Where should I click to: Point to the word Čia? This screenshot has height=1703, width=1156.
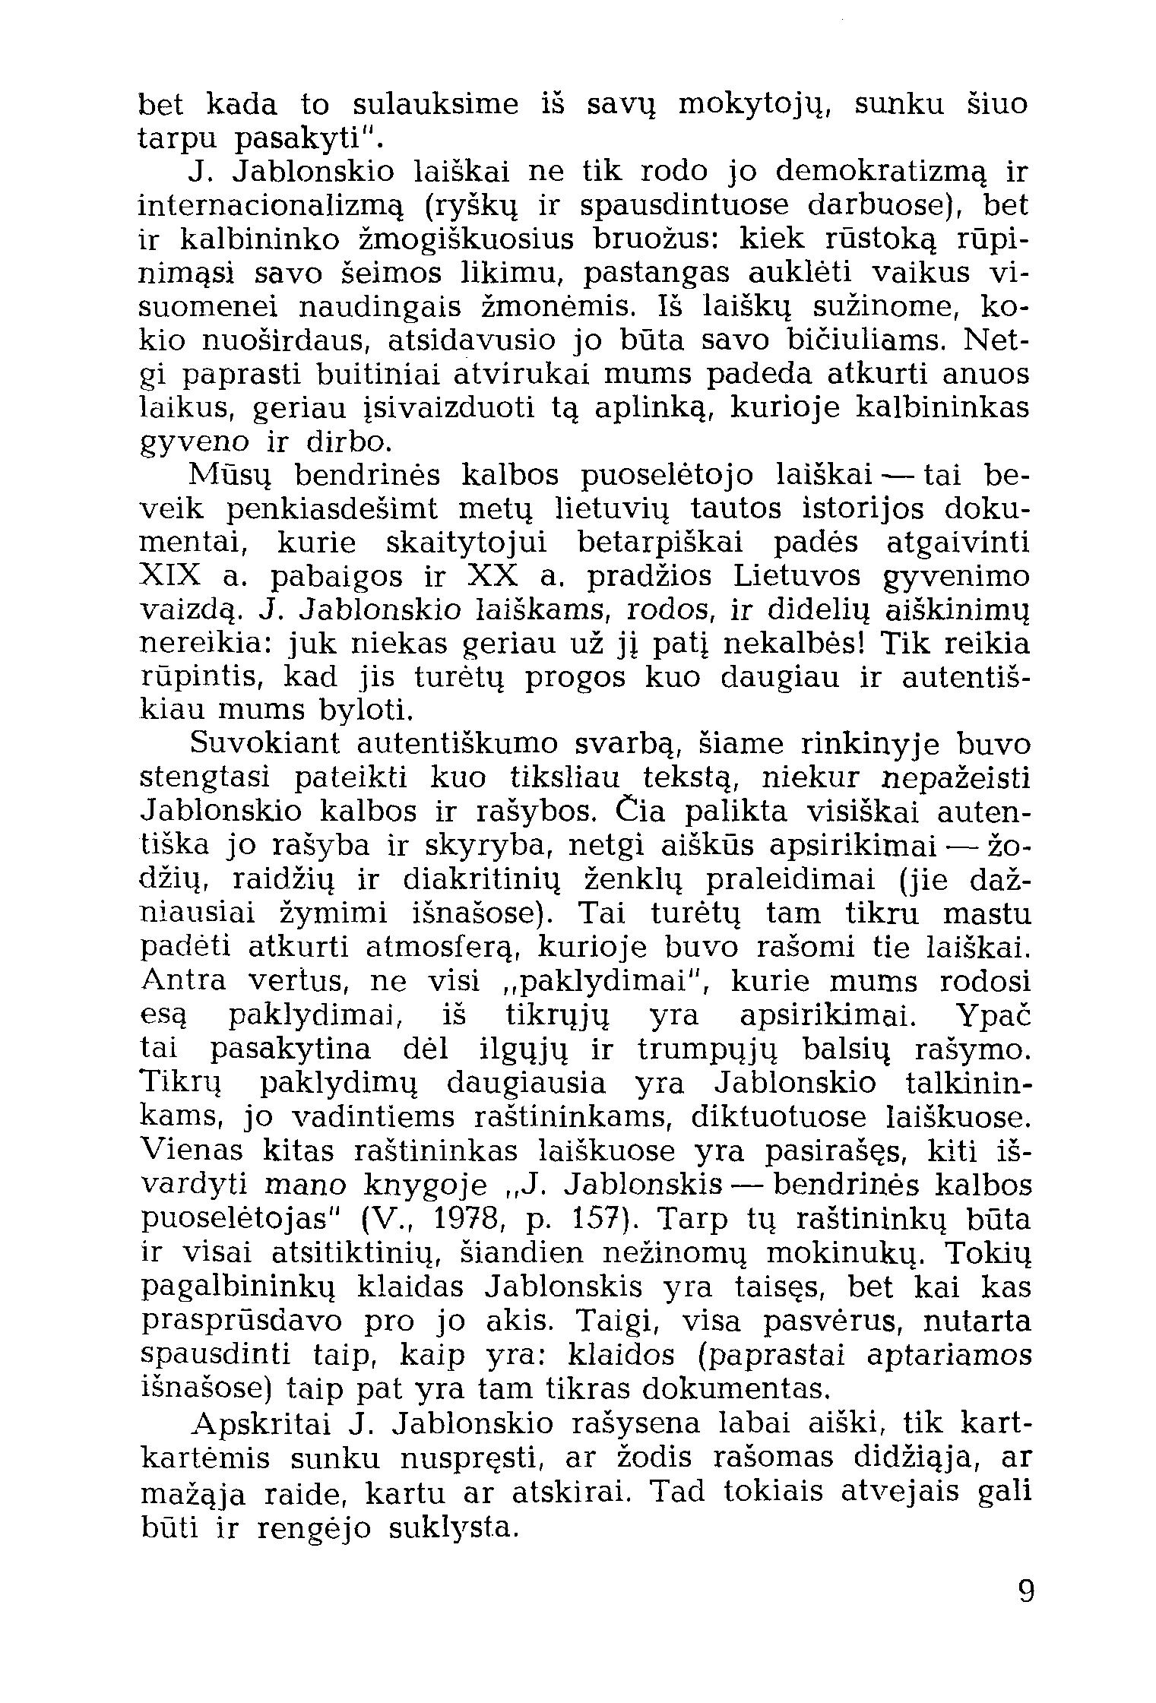(640, 812)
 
